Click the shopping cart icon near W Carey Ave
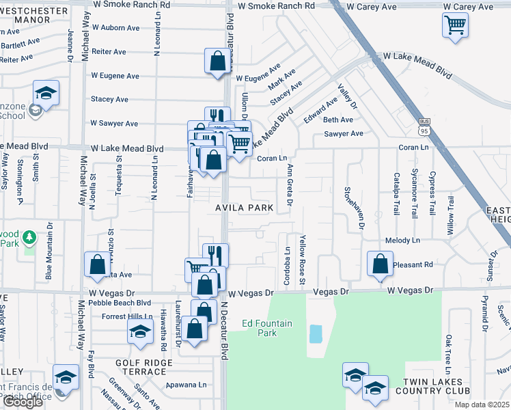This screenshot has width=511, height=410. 455,26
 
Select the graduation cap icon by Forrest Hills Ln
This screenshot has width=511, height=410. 140,332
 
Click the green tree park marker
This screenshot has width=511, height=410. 29,237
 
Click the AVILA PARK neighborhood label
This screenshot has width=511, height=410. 245,208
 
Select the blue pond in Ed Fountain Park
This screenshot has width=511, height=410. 316,334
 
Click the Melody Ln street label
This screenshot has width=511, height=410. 402,241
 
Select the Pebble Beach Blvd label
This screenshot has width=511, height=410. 120,303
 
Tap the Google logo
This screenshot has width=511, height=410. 22,402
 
